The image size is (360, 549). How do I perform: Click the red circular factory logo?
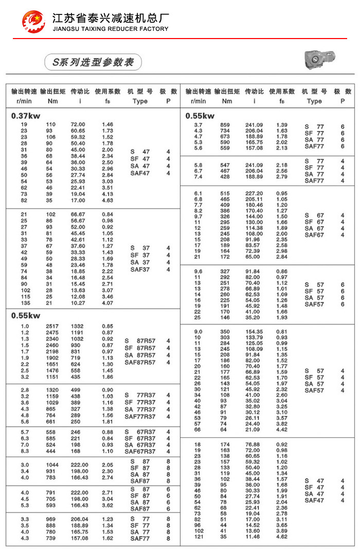[33, 21]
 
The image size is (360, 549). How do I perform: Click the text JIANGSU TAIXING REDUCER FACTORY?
[111, 29]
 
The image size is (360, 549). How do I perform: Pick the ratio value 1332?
[77, 326]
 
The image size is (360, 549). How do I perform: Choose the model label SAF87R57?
[140, 362]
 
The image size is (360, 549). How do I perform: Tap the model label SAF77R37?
[140, 416]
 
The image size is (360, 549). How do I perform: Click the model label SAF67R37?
[140, 451]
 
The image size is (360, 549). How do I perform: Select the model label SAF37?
[140, 269]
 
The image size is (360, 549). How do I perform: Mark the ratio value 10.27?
[78, 303]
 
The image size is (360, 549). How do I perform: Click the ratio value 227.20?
[253, 193]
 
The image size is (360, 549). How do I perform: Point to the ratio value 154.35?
[253, 332]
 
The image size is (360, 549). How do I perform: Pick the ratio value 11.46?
[253, 537]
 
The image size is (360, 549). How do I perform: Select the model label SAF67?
[314, 235]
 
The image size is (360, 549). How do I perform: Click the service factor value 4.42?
[282, 430]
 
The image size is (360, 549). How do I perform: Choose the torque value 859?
[225, 125]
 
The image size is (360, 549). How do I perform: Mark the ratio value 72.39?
[253, 250]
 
